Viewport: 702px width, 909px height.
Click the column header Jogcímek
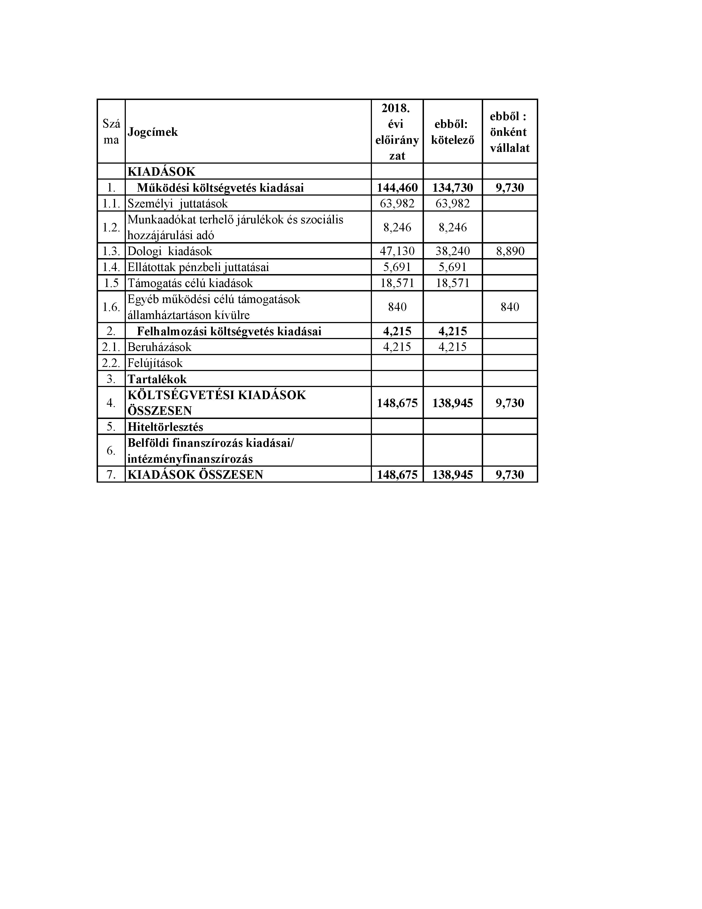(x=153, y=132)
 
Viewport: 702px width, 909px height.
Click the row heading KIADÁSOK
(x=161, y=172)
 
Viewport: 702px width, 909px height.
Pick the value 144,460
(x=397, y=188)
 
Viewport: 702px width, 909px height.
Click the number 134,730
(x=453, y=188)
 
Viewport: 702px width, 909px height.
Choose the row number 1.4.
(x=111, y=267)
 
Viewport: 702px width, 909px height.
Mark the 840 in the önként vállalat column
(x=510, y=307)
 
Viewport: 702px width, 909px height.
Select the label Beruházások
(x=159, y=347)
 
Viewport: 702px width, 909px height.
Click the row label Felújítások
(x=155, y=363)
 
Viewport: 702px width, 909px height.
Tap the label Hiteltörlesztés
(x=165, y=427)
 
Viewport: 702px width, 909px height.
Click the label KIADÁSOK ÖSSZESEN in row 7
(x=195, y=475)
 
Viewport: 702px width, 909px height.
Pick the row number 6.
(x=111, y=451)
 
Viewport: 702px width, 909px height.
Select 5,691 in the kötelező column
(x=453, y=267)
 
